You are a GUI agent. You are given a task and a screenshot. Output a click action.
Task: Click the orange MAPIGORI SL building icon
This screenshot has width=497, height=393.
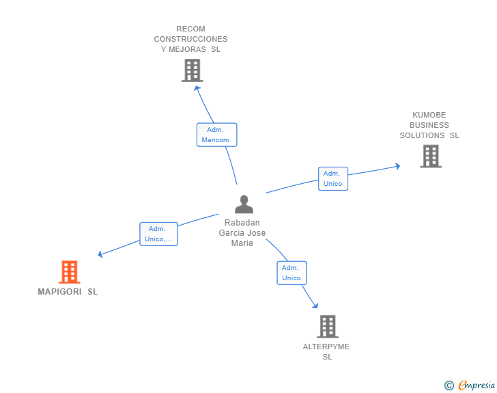69,272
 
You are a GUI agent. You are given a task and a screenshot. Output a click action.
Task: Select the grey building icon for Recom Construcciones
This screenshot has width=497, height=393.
193,70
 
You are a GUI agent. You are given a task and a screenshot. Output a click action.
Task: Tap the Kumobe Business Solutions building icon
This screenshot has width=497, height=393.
430,156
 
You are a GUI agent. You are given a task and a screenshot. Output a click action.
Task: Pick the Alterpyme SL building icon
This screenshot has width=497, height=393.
328,326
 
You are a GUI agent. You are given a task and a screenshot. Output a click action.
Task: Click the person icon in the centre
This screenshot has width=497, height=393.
244,204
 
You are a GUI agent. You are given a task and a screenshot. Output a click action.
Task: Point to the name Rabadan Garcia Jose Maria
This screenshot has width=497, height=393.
242,233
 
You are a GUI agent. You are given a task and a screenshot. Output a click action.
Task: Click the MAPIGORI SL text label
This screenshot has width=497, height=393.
68,292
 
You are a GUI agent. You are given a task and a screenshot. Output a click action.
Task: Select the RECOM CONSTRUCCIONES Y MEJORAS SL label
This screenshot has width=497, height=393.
190,39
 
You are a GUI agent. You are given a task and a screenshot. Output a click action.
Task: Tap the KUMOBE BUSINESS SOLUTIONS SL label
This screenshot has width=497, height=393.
429,125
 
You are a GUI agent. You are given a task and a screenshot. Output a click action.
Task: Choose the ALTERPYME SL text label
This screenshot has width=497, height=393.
326,351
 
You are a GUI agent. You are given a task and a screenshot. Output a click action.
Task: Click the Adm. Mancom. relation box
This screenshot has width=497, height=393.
216,135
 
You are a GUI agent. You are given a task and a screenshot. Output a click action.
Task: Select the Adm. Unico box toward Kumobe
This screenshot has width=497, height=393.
333,178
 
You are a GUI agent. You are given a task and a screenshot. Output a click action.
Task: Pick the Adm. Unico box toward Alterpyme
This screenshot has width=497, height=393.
292,273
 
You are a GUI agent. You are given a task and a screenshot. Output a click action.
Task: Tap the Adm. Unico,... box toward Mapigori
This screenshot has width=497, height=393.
158,234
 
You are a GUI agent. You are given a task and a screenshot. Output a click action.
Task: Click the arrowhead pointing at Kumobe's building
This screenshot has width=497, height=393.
397,166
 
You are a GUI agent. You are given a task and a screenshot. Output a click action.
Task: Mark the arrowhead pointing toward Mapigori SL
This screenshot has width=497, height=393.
101,254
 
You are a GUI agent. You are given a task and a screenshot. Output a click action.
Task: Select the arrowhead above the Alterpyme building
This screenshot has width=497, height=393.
315,305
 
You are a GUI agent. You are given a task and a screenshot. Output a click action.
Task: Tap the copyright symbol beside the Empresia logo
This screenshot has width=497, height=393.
449,385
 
